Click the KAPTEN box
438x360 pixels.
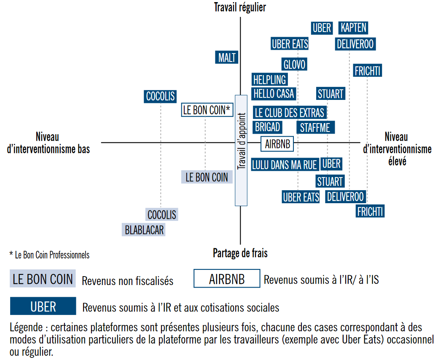pyautogui.click(x=354, y=28)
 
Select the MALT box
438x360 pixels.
pyautogui.click(x=227, y=57)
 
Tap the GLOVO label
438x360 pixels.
pyautogui.click(x=294, y=64)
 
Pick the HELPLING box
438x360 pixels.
pyautogui.click(x=269, y=79)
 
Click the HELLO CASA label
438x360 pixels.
pyautogui.click(x=274, y=93)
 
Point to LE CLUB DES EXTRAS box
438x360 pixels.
pyautogui.click(x=290, y=113)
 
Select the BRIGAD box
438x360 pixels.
pyautogui.click(x=267, y=126)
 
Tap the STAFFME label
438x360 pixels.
pyautogui.click(x=315, y=127)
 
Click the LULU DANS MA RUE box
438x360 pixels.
pyautogui.click(x=285, y=165)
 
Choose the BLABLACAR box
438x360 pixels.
pyautogui.click(x=144, y=230)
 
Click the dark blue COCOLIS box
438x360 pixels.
pyautogui.click(x=160, y=96)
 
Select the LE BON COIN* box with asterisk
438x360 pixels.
pyautogui.click(x=207, y=110)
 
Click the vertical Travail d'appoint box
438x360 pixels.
pyautogui.click(x=241, y=150)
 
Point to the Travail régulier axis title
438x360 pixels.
pyautogui.click(x=240, y=7)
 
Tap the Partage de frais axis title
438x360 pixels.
pyautogui.click(x=240, y=253)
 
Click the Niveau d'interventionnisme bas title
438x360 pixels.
pyautogui.click(x=48, y=142)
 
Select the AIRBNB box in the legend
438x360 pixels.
pyautogui.click(x=227, y=279)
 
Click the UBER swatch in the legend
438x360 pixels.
pyautogui.click(x=43, y=306)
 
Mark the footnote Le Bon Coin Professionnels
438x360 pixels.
pyautogui.click(x=49, y=255)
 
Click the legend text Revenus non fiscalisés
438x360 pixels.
pyautogui.click(x=127, y=281)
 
